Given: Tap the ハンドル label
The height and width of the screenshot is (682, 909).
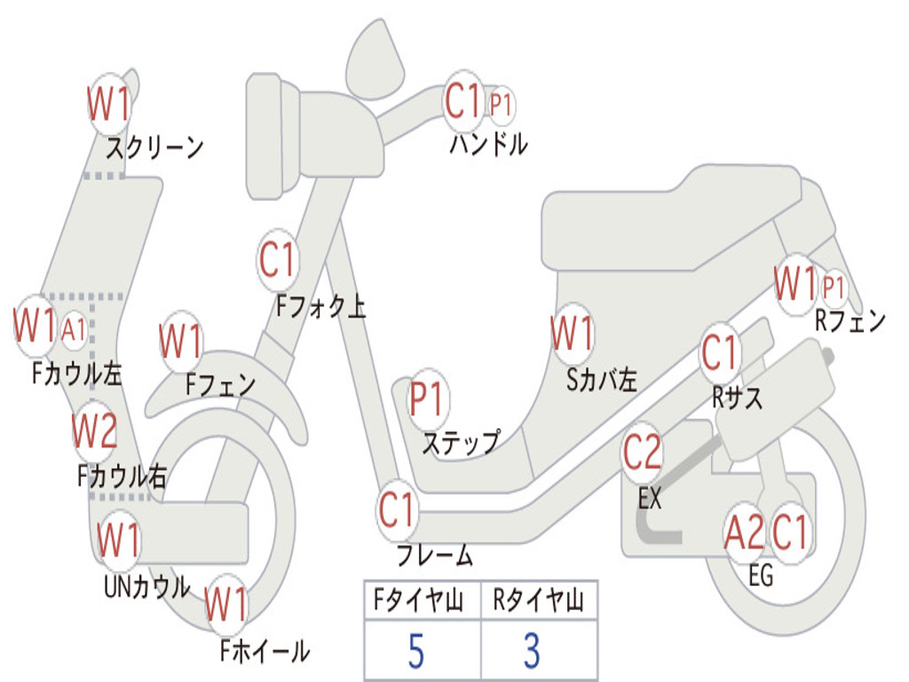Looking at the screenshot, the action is [487, 144].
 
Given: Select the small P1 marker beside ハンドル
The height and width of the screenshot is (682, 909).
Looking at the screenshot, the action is [502, 105].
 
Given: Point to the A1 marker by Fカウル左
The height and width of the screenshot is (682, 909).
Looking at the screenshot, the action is [74, 329].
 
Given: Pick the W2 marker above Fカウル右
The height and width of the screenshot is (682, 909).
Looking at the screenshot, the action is [94, 432].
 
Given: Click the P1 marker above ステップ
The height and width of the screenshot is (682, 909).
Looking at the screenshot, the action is [428, 400].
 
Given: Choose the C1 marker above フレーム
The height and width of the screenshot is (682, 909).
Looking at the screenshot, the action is [397, 511].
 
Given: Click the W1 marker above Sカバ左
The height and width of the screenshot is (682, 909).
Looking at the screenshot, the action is [572, 334].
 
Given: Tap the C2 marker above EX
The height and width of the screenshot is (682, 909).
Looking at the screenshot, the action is [642, 453].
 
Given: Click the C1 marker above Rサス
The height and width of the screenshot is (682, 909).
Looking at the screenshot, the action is [720, 353].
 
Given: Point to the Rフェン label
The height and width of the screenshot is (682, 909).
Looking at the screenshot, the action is [850, 321].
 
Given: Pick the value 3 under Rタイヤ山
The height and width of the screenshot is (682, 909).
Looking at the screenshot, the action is [532, 652].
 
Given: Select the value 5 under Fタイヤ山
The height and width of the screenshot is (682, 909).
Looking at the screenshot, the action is [416, 652].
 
